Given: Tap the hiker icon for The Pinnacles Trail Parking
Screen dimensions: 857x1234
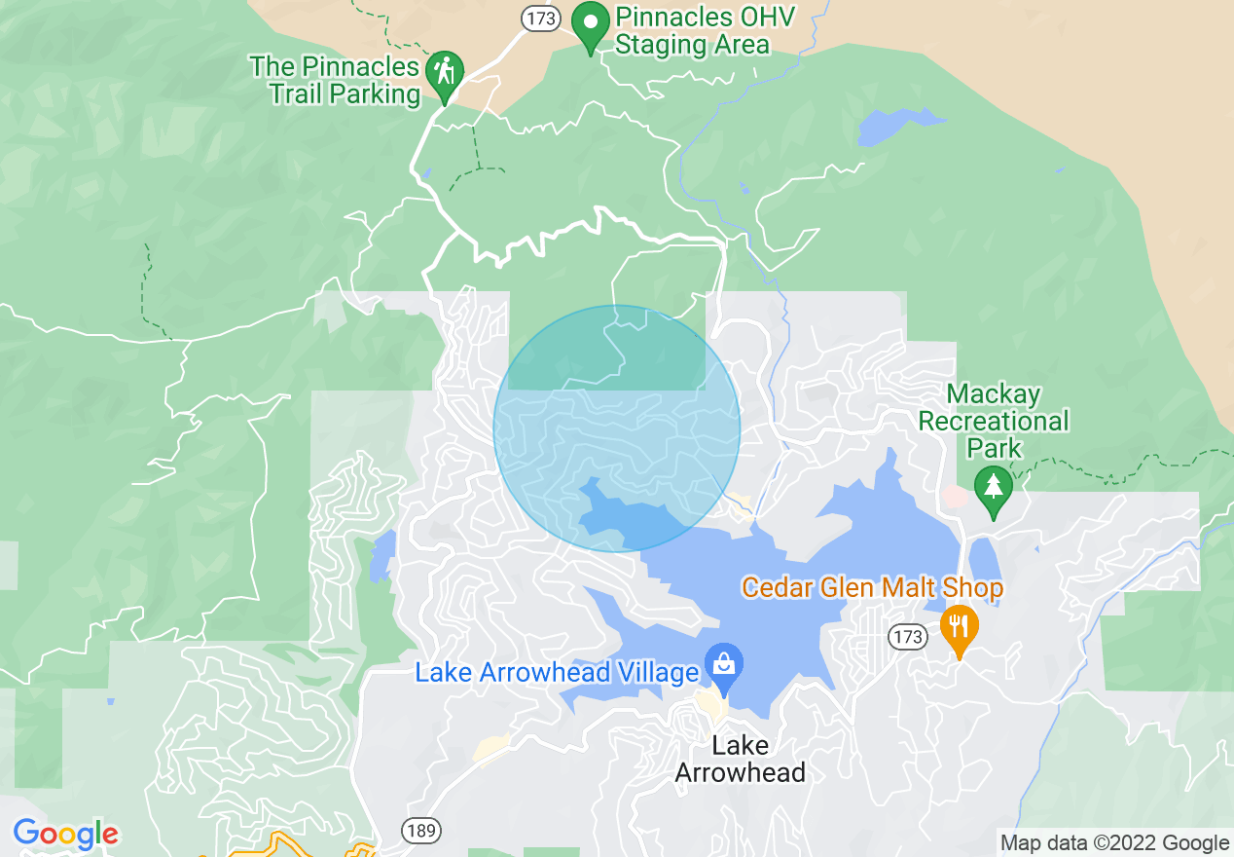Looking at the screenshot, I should (446, 74).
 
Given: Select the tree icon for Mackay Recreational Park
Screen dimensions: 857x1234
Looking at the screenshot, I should (993, 488).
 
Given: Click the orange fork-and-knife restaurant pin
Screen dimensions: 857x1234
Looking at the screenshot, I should (959, 626).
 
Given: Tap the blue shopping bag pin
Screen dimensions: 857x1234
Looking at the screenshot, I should (724, 666).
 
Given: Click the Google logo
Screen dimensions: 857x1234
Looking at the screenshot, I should (65, 835).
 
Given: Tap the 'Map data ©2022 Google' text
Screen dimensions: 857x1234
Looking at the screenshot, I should (1114, 843).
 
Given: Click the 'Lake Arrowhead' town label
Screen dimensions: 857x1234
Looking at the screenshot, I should (740, 760).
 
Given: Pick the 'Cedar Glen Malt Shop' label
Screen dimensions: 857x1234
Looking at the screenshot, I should (872, 588).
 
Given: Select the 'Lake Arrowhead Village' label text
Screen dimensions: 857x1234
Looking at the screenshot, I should (557, 673).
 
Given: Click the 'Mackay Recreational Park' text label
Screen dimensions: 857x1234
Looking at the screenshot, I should (994, 421).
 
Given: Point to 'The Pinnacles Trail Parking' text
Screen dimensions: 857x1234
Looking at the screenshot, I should (335, 81).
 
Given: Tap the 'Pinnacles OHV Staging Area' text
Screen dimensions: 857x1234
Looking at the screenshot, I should (692, 31).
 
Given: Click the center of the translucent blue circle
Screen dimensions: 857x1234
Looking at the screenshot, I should (617, 428).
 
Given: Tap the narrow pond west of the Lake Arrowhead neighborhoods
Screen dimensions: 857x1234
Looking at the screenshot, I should (381, 553).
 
